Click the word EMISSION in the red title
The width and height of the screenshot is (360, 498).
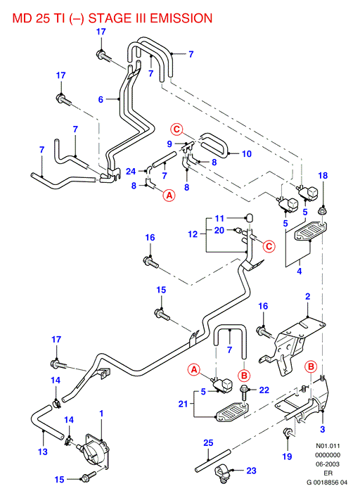181,18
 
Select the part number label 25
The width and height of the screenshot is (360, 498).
208,442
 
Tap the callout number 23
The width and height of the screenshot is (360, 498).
252,471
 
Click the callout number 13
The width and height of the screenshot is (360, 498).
43,452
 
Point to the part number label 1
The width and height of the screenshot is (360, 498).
101,414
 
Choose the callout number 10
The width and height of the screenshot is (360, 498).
247,154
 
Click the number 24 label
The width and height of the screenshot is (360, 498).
131,172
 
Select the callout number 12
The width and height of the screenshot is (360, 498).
193,234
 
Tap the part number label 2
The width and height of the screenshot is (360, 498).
308,296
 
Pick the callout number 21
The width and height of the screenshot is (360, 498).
184,404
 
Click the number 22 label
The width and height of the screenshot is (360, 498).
264,390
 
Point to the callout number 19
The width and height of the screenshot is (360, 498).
287,456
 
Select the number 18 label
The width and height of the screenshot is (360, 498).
323,176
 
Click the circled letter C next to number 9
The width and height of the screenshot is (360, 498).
176,129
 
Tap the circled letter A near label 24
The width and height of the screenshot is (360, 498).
169,195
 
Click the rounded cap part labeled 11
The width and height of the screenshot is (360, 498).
250,218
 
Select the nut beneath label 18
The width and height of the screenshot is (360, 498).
323,211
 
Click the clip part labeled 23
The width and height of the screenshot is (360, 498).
224,473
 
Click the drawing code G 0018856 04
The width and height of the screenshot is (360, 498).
327,483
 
